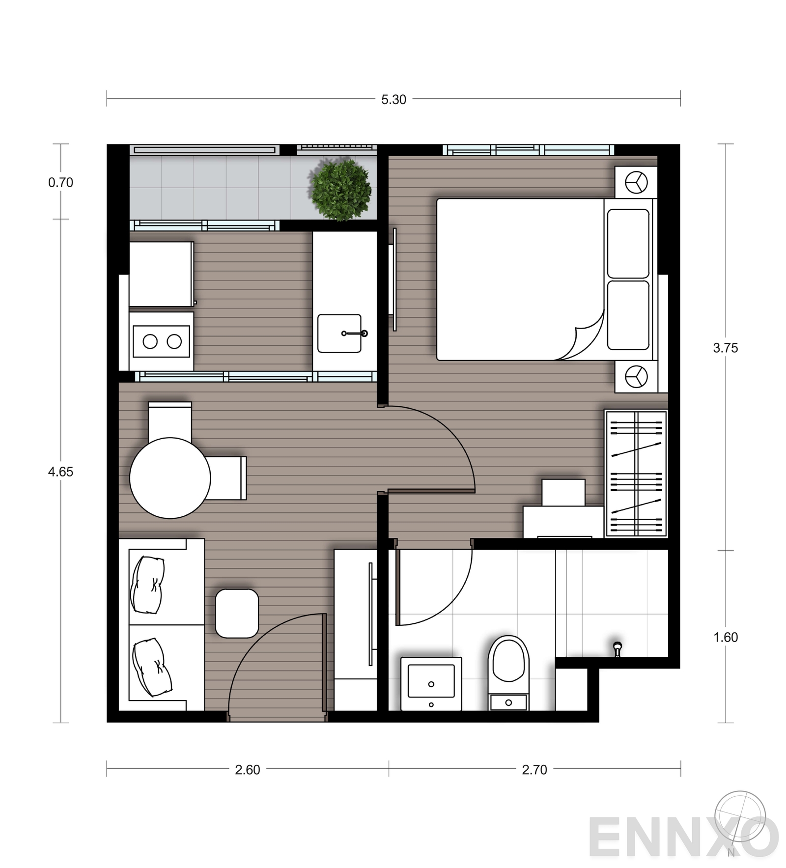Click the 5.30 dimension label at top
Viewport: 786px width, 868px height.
[x=393, y=100]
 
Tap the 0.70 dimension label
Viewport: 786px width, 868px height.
[x=60, y=183]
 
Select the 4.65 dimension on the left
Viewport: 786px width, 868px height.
[x=60, y=472]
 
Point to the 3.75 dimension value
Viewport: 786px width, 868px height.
[x=725, y=348]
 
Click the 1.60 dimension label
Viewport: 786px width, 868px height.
[x=725, y=638]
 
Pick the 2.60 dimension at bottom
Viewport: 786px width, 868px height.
[x=247, y=770]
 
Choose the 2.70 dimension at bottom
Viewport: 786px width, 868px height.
[x=534, y=770]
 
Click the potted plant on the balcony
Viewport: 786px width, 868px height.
[x=340, y=189]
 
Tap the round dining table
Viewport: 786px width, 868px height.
[x=170, y=478]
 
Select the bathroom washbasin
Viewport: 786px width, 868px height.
[x=431, y=683]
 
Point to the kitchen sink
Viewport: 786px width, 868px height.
[x=339, y=334]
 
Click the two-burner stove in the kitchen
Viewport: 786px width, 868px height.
[x=162, y=341]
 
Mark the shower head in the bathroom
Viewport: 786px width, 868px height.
[x=618, y=648]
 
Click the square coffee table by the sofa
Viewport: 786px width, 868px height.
[x=237, y=613]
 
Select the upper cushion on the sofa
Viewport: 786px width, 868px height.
[x=147, y=585]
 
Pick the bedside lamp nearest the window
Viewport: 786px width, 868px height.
[x=636, y=183]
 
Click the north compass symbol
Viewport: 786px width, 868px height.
[x=740, y=818]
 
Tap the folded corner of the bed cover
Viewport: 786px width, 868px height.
[x=585, y=339]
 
